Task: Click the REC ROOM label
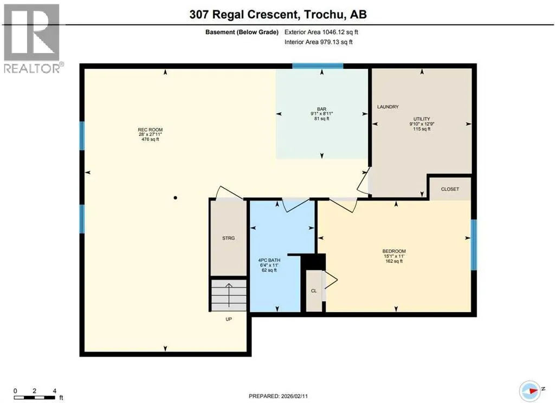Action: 151,130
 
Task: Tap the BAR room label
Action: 321,109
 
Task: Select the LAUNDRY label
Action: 388,107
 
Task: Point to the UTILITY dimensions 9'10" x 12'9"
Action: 422,124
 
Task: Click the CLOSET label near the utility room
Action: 450,189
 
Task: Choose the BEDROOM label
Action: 394,251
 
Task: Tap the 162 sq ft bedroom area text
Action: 394,261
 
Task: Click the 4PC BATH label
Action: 269,260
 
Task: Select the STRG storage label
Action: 228,238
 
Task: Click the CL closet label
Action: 314,291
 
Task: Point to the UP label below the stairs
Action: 229,319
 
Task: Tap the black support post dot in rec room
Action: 175,198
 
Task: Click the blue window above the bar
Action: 318,66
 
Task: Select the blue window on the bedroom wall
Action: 474,245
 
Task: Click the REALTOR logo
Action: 32,38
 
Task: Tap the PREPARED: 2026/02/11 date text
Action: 278,396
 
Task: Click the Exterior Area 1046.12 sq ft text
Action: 321,32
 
